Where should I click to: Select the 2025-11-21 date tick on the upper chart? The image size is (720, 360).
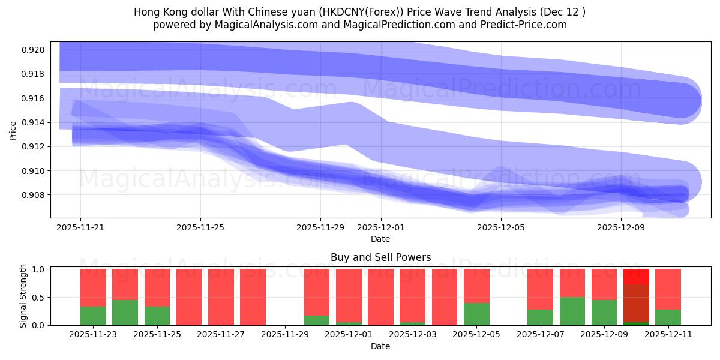tap(80, 227)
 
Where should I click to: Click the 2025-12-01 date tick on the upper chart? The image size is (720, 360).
tap(380, 227)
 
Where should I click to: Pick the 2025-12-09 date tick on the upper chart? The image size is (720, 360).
tap(620, 227)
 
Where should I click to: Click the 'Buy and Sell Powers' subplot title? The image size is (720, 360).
tap(380, 257)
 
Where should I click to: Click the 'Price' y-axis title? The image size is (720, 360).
tap(13, 130)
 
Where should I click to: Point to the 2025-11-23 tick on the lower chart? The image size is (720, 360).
tap(93, 335)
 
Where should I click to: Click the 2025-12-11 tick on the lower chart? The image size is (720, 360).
tap(668, 335)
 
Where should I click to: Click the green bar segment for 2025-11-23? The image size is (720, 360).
tap(93, 316)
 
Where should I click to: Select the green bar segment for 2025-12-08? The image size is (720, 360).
tap(572, 311)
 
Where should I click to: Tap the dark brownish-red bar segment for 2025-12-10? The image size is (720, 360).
tap(636, 303)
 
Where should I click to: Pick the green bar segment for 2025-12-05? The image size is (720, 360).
tap(476, 314)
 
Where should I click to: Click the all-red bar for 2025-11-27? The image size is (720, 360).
tap(221, 297)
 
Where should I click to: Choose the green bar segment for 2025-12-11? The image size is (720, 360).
tap(668, 317)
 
